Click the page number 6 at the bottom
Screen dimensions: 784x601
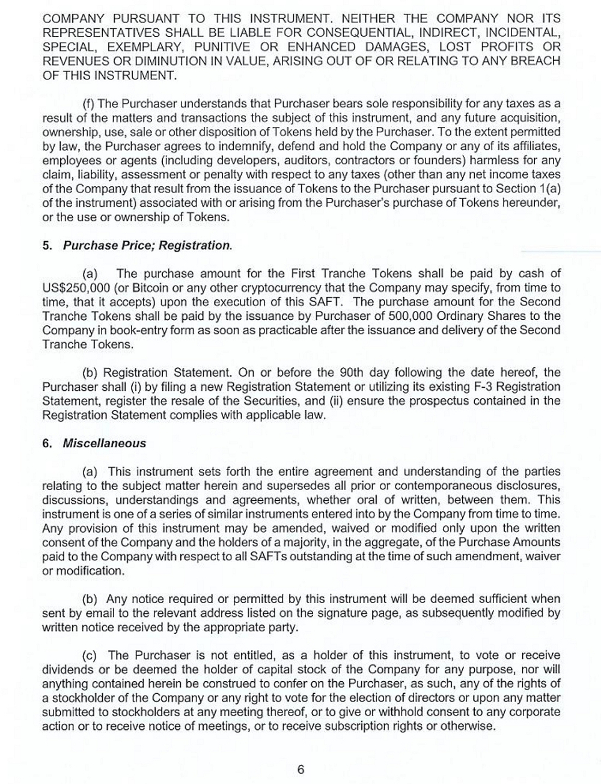[x=300, y=770]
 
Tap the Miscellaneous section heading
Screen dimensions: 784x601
[x=105, y=443]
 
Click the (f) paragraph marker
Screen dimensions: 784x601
[x=89, y=103]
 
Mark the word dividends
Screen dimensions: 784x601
[x=67, y=669]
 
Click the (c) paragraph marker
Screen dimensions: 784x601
[x=89, y=655]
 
